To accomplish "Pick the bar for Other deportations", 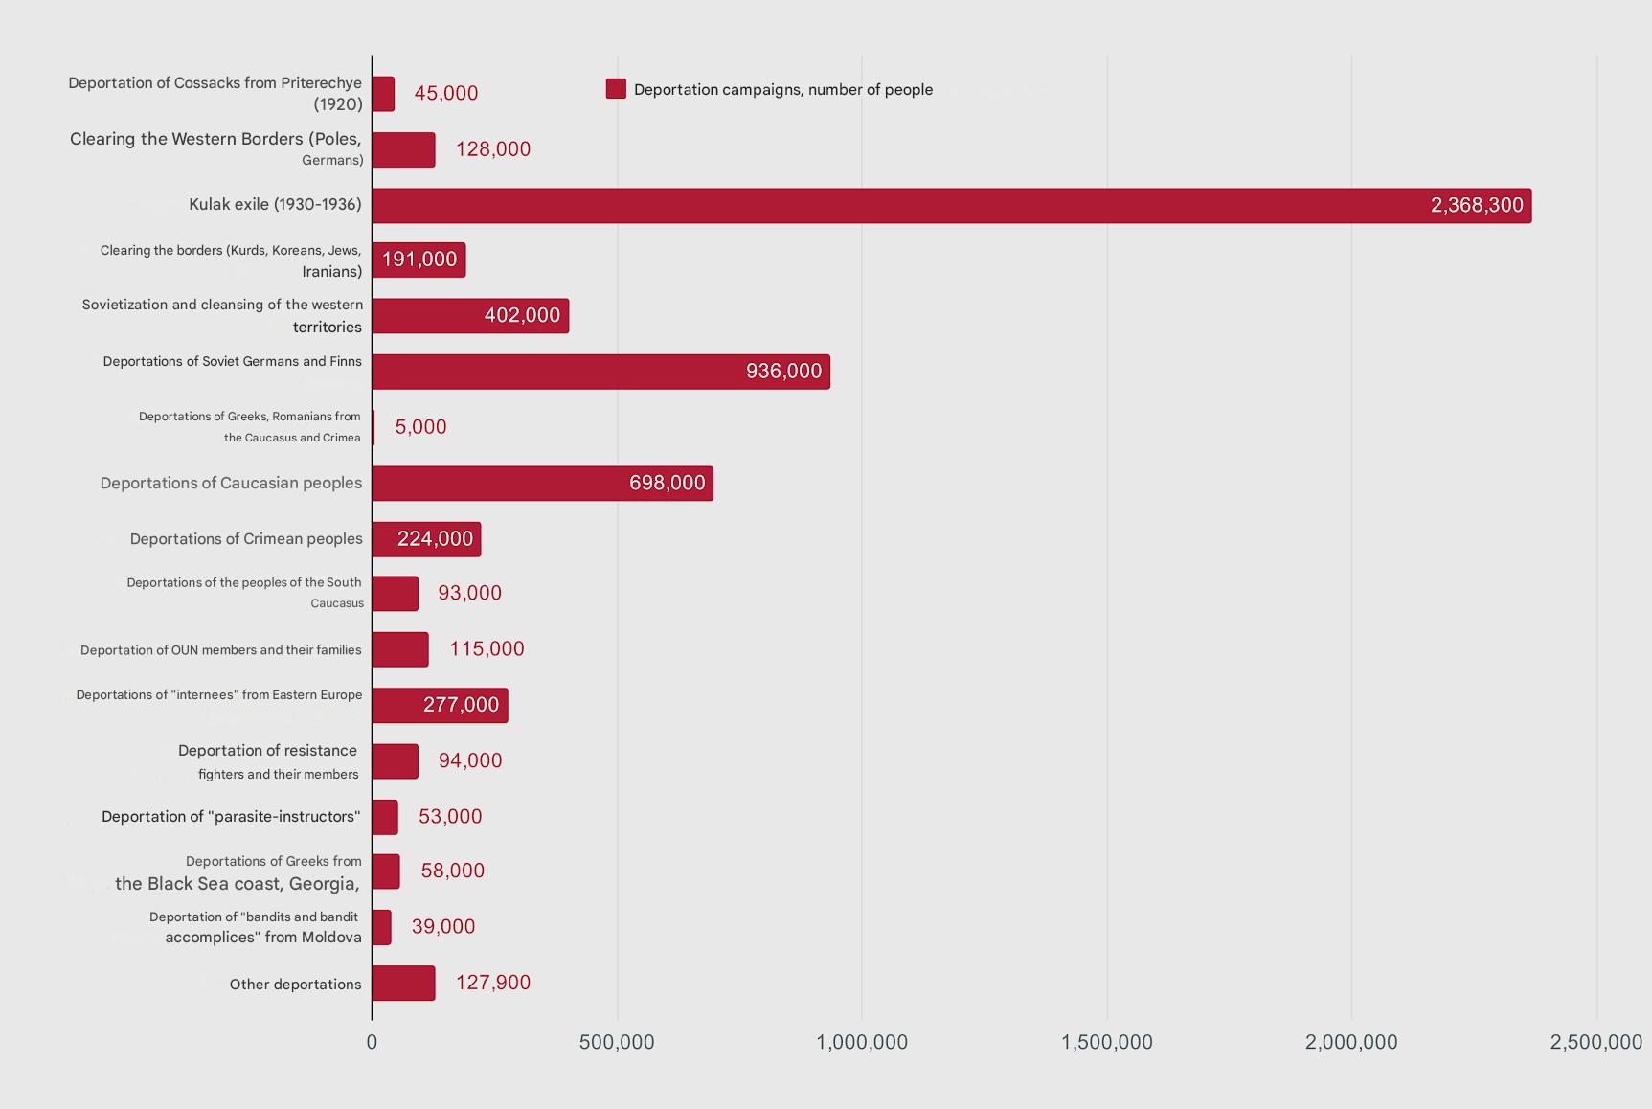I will click(x=403, y=984).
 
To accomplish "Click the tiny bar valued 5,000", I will click(x=373, y=427).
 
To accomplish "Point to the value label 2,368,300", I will click(x=1476, y=206).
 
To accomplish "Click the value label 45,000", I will click(x=445, y=94).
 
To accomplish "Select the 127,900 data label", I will click(x=492, y=983).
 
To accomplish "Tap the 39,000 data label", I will click(x=442, y=927).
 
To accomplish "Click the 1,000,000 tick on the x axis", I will click(x=862, y=1042).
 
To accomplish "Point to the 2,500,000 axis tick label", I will click(x=1595, y=1042).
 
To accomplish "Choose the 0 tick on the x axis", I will click(x=372, y=1042).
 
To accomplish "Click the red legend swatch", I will click(x=616, y=89).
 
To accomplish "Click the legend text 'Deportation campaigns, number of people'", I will click(x=782, y=90).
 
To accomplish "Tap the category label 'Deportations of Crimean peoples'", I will click(x=246, y=539).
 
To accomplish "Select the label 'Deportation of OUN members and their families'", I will click(x=221, y=650).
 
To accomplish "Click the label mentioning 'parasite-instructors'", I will click(x=231, y=817).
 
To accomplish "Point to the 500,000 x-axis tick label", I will click(x=617, y=1042).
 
